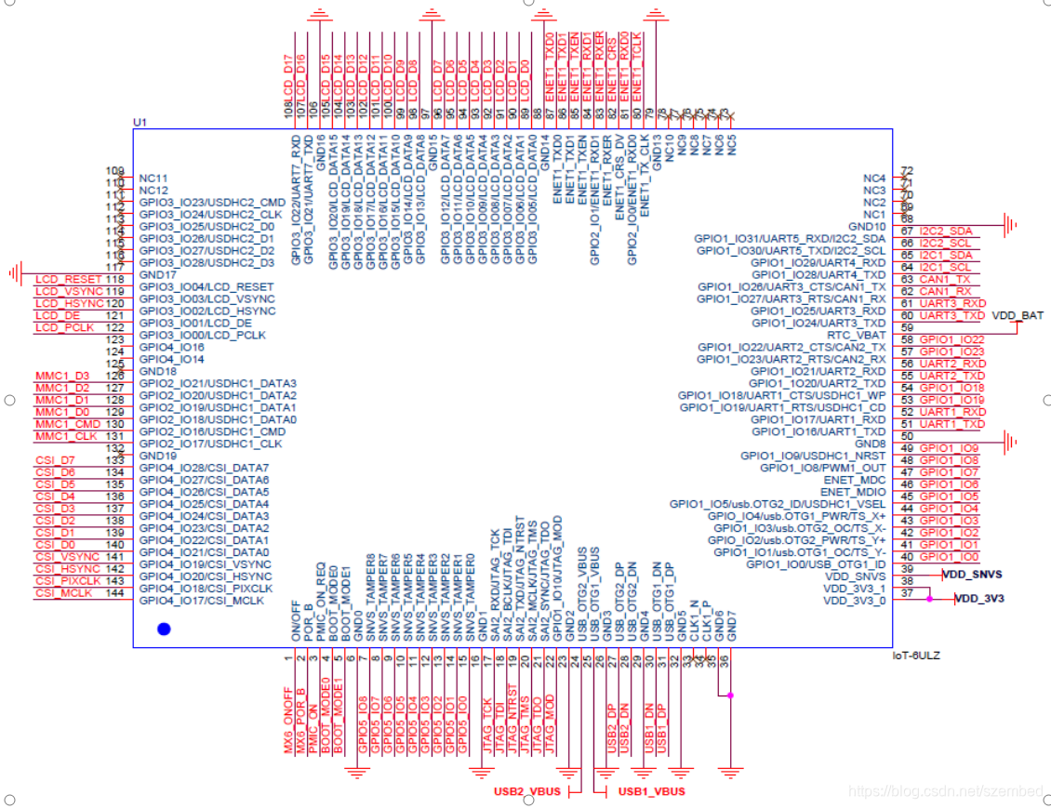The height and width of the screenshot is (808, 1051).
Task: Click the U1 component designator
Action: point(140,123)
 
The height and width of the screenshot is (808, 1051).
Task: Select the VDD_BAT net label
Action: point(1018,316)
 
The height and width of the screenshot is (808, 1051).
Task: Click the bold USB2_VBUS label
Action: point(526,791)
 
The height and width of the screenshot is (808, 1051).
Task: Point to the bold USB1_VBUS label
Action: point(651,791)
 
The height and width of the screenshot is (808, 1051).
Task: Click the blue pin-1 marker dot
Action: point(165,629)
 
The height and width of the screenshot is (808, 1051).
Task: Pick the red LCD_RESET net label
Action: point(68,280)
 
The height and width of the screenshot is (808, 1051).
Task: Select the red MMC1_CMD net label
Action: point(68,424)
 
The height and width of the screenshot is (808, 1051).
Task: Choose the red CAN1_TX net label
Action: point(944,279)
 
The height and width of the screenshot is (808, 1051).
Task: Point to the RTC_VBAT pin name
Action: point(857,335)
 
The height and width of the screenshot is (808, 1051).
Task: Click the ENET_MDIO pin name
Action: point(854,492)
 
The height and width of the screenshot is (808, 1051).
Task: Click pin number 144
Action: point(115,593)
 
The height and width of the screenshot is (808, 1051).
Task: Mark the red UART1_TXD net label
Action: point(951,424)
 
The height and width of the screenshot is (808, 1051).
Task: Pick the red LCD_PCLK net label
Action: point(66,328)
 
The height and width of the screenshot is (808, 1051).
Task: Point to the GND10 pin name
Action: point(866,226)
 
